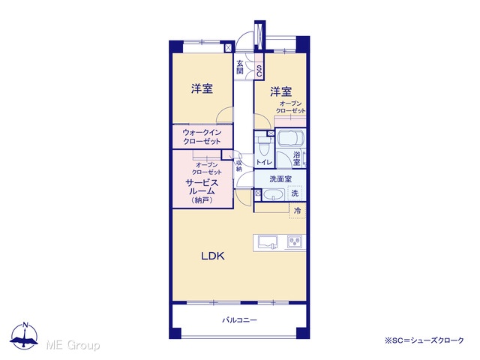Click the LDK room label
(213, 256)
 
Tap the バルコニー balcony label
(240, 320)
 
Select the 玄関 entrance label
(240, 67)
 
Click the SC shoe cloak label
(259, 71)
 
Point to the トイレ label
(264, 162)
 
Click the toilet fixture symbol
(263, 146)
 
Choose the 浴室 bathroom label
(296, 158)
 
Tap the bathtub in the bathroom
(290, 138)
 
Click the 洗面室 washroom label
(280, 179)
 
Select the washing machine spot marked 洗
(295, 193)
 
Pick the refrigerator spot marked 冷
(297, 211)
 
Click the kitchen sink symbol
(268, 242)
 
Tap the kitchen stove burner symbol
(295, 241)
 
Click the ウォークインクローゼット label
(202, 136)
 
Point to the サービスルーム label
(202, 187)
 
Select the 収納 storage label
(239, 166)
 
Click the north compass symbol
(24, 336)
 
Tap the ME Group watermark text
(73, 345)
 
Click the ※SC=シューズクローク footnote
(424, 340)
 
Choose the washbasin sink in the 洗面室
(274, 195)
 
